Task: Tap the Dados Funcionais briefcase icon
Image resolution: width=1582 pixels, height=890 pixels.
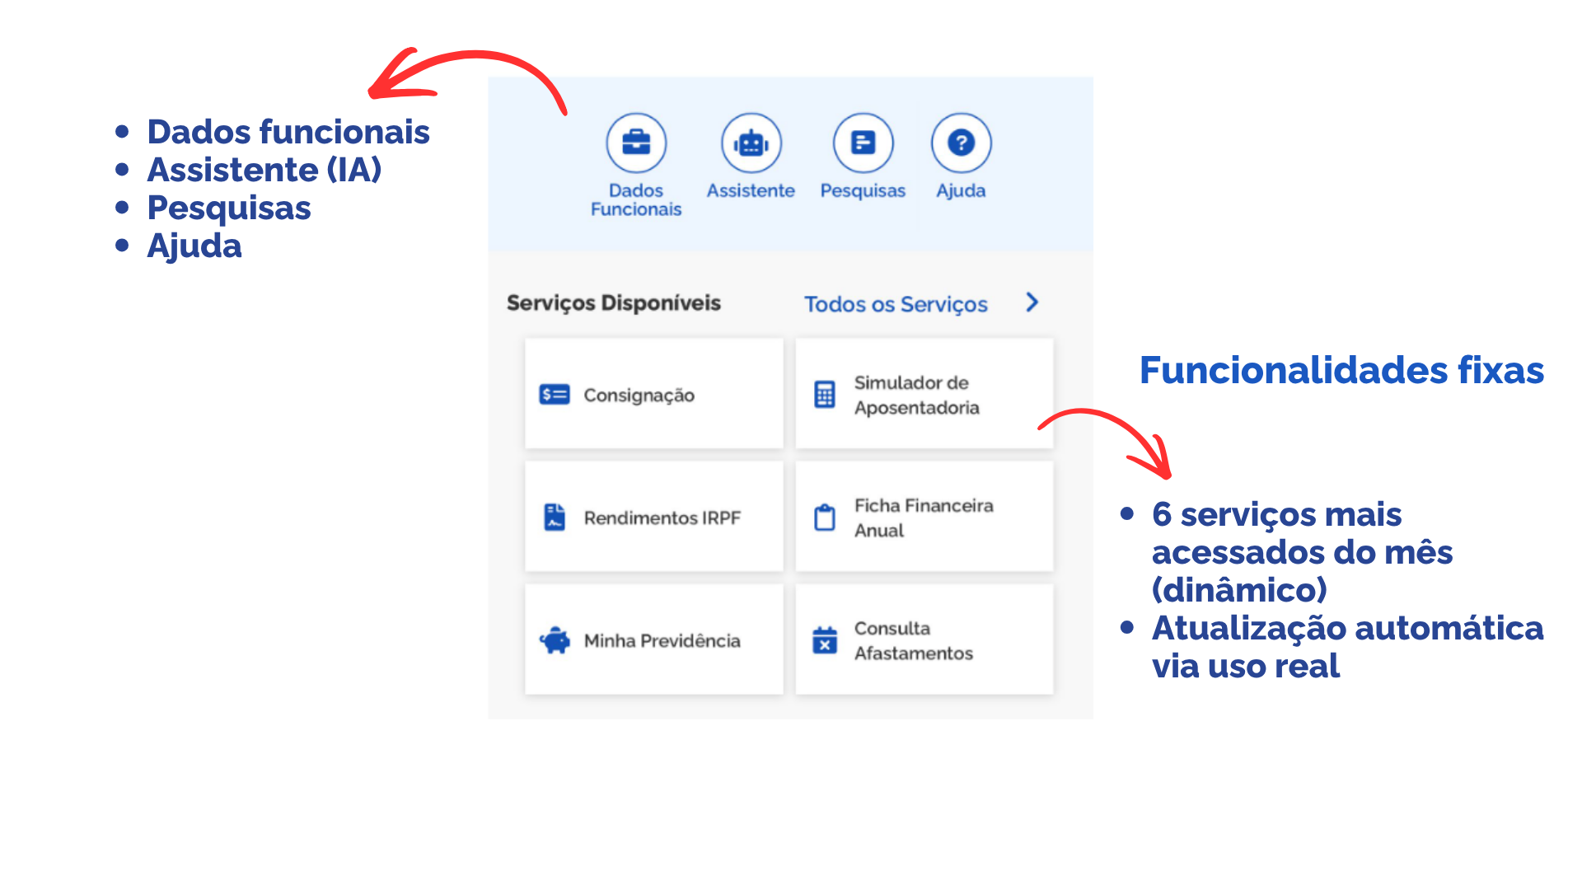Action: [636, 143]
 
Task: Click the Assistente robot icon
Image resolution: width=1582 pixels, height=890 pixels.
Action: [751, 143]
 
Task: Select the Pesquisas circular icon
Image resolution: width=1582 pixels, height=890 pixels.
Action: [863, 143]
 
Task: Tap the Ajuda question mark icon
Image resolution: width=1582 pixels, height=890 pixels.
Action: [961, 143]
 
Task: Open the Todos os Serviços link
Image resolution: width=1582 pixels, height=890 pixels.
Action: [896, 304]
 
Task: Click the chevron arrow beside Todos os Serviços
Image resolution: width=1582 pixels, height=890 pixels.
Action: [1032, 302]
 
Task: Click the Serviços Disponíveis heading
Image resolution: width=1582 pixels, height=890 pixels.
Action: [614, 303]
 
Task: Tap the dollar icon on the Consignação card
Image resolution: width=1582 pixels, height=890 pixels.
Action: [555, 395]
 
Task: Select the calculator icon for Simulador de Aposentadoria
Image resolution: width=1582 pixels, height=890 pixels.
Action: [825, 395]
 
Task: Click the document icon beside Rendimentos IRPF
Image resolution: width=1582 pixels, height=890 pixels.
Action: [555, 518]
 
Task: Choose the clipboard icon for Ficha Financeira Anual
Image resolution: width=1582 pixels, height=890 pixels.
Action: [825, 518]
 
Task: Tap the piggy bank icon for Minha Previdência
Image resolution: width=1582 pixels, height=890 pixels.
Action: [555, 640]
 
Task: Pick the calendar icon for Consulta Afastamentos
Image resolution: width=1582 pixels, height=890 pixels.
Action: [825, 639]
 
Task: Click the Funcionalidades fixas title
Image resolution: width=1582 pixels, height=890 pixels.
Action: [1341, 370]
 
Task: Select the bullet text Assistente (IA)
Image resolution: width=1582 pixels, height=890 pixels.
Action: [264, 170]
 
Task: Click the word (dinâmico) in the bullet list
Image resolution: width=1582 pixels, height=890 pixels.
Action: [1239, 590]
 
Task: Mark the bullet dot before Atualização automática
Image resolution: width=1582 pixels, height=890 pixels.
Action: [1127, 628]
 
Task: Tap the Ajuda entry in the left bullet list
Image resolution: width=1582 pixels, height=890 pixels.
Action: [194, 246]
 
